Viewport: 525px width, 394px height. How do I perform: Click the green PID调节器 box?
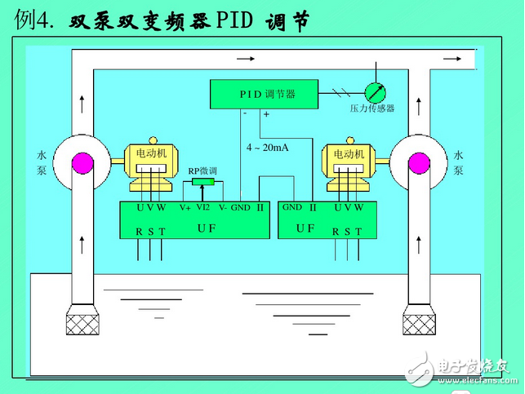coord(267,94)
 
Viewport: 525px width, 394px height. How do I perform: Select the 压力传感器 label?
coord(372,108)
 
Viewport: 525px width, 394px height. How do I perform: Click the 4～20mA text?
coord(268,148)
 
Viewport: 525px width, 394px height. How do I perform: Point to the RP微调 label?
coord(202,171)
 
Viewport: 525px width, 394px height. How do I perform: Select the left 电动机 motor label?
coord(152,153)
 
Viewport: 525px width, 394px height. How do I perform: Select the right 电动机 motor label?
coord(343,153)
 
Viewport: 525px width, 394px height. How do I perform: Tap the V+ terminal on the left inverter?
coord(185,208)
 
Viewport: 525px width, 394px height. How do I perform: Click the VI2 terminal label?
coord(203,207)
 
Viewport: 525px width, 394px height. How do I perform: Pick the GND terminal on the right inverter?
coord(291,207)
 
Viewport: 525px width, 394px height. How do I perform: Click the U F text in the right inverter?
coord(305,228)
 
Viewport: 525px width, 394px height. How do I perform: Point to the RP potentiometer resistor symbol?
coord(203,182)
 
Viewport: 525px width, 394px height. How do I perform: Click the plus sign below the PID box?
coord(266,115)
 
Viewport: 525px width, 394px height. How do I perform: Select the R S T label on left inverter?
coord(150,232)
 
